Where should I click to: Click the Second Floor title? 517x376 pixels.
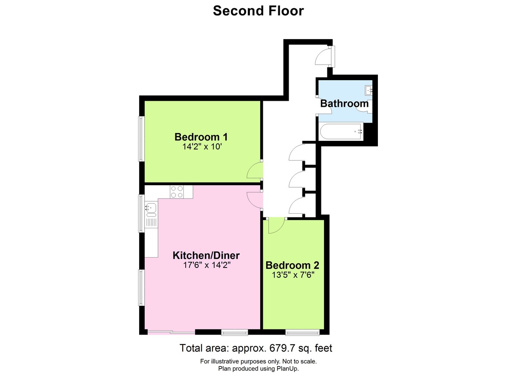[258, 10]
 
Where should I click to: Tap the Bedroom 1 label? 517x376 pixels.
[201, 137]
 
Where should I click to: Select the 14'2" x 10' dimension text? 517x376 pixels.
[201, 147]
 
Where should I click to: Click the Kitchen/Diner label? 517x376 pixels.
[206, 255]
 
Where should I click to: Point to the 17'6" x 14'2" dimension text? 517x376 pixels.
[206, 265]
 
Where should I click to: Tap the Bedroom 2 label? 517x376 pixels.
[293, 265]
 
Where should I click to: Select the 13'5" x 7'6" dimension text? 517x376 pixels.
[293, 275]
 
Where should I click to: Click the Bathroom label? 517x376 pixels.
[344, 103]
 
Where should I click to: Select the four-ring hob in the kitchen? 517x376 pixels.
[176, 192]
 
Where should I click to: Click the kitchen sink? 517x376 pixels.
[150, 209]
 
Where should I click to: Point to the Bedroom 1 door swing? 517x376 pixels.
[255, 171]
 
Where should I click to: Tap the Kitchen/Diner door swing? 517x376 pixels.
[255, 199]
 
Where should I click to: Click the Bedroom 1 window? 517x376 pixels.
[141, 139]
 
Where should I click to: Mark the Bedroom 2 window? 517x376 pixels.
[302, 332]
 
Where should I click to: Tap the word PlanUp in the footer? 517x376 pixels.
[287, 369]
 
